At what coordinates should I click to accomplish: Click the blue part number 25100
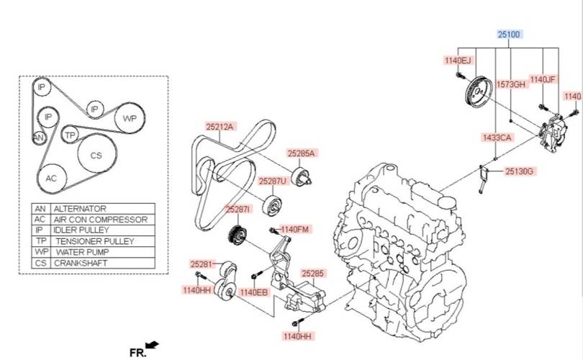click(509, 35)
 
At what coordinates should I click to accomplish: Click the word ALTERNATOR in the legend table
click(80, 208)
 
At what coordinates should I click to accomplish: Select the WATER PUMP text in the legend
click(82, 252)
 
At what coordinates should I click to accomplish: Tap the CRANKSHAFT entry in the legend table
click(81, 263)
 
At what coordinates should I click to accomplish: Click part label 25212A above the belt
click(220, 127)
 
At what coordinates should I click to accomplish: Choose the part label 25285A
click(301, 153)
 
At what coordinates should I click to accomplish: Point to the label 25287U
click(273, 181)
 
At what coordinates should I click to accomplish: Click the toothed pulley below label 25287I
click(237, 235)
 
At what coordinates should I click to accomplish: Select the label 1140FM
click(294, 230)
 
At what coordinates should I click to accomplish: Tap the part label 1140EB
click(253, 292)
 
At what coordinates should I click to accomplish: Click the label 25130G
click(520, 171)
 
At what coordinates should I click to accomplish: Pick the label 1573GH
click(511, 85)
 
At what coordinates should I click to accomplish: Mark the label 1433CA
click(497, 138)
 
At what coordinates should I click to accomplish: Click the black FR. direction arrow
click(152, 345)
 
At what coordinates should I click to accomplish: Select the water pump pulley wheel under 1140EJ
click(479, 93)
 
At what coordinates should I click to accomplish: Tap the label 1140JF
click(543, 80)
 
